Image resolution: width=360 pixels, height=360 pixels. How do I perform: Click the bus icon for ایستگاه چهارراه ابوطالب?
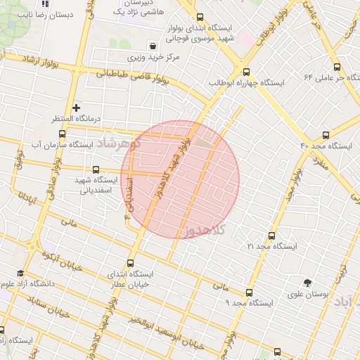[245, 71]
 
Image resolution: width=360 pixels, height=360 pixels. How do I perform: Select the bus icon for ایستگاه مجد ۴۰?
[325, 134]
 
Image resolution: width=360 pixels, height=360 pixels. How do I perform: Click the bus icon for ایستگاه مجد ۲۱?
[272, 236]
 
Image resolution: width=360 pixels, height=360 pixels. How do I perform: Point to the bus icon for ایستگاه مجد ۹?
[250, 292]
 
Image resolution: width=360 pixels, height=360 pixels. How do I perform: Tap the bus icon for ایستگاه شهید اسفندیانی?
[96, 169]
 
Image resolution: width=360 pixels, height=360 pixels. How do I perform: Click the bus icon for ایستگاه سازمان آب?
[63, 133]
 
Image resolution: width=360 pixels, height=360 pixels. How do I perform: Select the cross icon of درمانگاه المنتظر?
[77, 108]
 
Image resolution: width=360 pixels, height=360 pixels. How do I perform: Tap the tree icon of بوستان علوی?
[306, 282]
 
